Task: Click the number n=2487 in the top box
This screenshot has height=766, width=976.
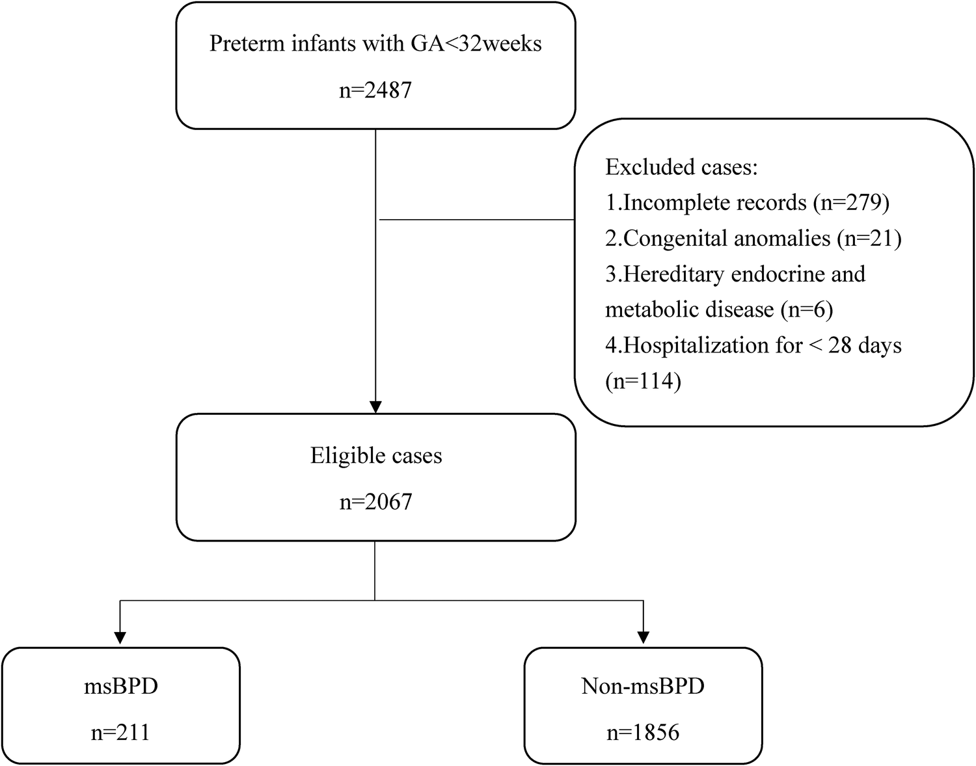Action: pos(375,90)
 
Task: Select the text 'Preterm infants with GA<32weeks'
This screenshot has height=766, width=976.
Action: pos(375,44)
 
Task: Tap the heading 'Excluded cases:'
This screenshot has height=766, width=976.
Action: pos(681,167)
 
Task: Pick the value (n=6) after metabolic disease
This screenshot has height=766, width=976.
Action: pos(806,310)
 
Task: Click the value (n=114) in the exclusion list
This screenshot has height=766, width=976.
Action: pos(643,380)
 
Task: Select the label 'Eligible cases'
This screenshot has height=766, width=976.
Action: pos(375,455)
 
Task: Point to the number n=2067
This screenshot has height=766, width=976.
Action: pos(375,502)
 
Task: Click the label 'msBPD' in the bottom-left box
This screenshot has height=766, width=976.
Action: pos(121,686)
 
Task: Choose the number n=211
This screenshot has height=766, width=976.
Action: pos(121,733)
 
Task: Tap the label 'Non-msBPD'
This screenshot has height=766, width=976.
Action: pos(643,686)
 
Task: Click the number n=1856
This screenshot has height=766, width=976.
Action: pos(643,733)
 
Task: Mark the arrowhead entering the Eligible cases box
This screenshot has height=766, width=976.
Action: pos(375,406)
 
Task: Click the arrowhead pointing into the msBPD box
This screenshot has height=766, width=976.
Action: pos(120,639)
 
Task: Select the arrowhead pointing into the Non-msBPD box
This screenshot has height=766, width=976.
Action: pos(643,639)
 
